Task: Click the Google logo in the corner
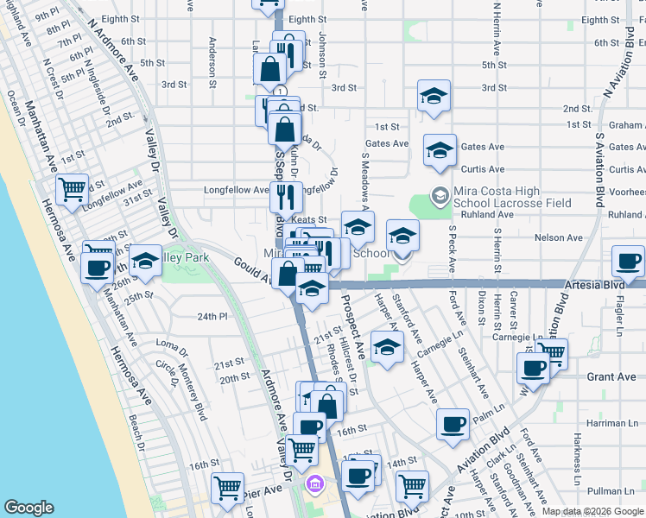coord(28,508)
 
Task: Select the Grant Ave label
coord(611,377)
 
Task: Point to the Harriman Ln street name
coord(612,423)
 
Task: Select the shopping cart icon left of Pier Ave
coord(228,487)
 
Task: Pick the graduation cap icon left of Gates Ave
coord(440,150)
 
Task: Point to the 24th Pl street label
coord(212,317)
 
